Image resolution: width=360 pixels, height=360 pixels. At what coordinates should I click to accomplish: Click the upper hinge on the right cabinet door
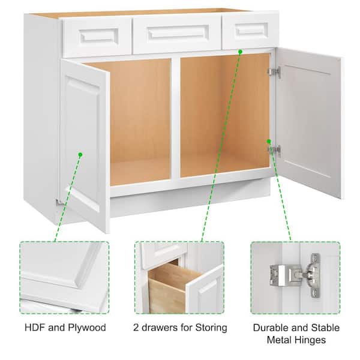tap(274, 71)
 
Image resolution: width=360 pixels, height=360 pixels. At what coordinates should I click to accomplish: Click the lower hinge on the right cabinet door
tap(274, 150)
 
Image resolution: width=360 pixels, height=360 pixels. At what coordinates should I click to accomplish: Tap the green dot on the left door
tap(80, 155)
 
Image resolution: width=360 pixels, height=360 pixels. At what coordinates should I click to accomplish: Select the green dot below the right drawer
tap(240, 52)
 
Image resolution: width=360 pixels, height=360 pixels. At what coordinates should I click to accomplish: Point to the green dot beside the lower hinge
tap(269, 141)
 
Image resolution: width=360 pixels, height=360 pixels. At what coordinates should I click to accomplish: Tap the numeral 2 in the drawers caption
tap(136, 328)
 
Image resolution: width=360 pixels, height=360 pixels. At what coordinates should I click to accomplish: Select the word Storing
tap(211, 328)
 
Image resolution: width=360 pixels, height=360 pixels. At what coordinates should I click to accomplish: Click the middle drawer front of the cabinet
tap(177, 34)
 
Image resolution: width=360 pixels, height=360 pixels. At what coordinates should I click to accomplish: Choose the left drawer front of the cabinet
tap(97, 37)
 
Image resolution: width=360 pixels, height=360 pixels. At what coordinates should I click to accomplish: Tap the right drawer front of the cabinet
tap(251, 31)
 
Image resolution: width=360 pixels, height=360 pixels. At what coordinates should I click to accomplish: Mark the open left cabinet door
tap(85, 145)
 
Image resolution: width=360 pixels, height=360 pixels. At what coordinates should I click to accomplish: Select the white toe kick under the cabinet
tap(190, 202)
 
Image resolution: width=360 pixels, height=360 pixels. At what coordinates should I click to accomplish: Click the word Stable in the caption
tap(325, 328)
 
